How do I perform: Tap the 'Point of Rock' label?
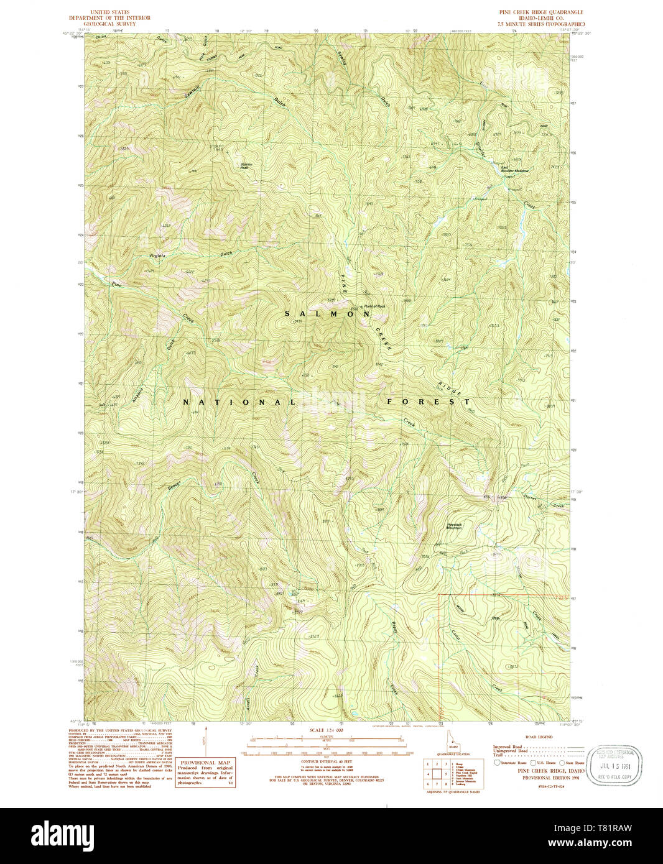tap(374, 306)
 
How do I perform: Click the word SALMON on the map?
tap(328, 315)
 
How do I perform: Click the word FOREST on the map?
tap(429, 402)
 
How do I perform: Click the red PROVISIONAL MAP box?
tap(205, 773)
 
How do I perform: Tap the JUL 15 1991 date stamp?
tap(614, 765)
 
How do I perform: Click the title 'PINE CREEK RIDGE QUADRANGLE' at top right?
tap(540, 12)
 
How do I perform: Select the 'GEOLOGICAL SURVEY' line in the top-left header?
tap(120, 24)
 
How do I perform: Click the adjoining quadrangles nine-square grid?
tap(437, 774)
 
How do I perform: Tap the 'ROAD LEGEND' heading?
tap(539, 737)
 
